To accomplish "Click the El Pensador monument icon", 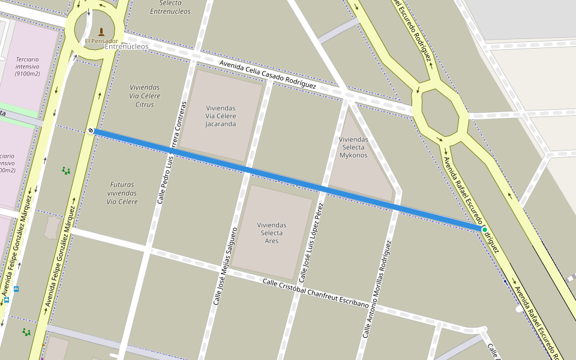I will (101, 31).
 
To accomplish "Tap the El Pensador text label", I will (101, 41).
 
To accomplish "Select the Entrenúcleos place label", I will (127, 47).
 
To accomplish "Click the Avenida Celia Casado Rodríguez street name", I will (268, 74).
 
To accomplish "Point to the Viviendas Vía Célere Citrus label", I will (145, 96).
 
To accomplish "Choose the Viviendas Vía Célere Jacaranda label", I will (221, 116).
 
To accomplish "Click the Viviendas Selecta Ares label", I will (272, 233).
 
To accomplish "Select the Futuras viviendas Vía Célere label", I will (122, 193).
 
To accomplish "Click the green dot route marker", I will (484, 229).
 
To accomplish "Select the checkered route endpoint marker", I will (91, 130).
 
